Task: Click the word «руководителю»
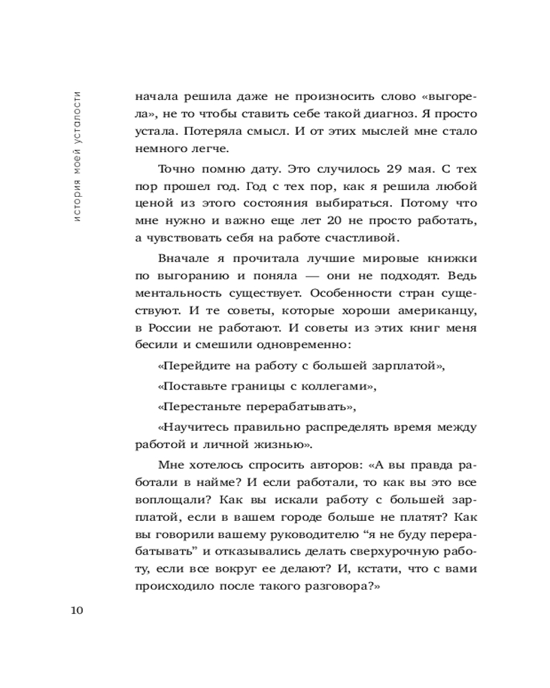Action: coord(289,534)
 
